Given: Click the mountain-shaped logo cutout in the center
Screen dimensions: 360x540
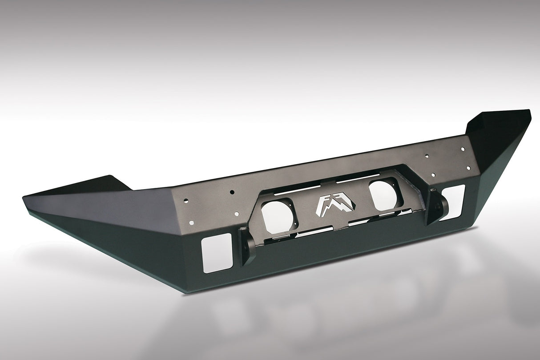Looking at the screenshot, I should click(336, 206).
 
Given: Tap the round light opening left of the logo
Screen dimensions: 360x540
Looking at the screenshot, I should click(277, 216).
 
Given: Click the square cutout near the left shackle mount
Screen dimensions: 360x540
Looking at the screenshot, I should click(217, 252).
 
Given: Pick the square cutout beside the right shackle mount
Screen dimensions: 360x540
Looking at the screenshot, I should click(452, 202).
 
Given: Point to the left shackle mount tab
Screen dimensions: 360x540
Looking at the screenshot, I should click(247, 245).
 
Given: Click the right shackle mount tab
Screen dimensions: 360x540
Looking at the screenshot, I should click(436, 207).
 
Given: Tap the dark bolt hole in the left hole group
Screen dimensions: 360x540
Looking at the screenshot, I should click(232, 192).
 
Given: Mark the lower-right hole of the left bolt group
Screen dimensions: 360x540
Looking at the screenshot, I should click(236, 214).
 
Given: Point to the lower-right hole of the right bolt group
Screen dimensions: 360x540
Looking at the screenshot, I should click(468, 168).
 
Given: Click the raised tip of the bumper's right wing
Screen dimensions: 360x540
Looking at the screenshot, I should click(528, 112).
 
